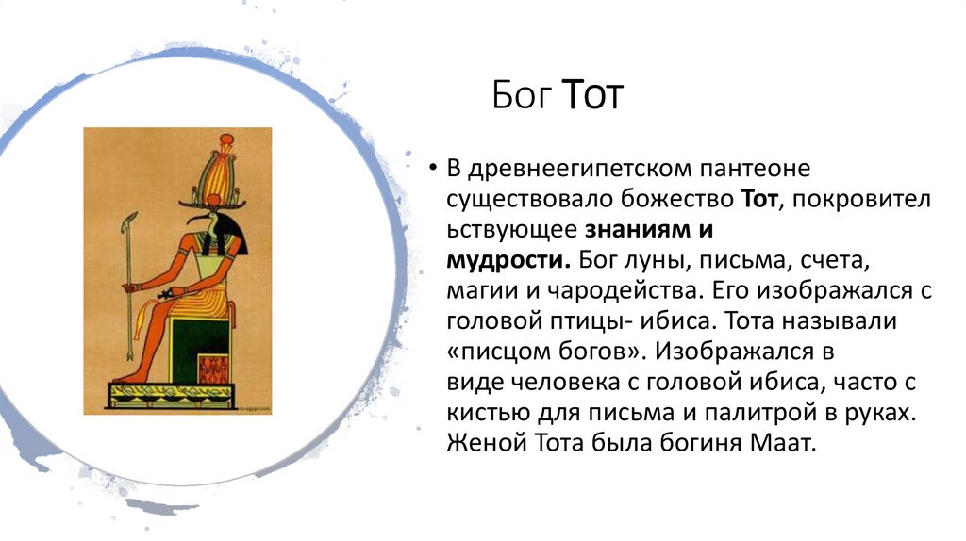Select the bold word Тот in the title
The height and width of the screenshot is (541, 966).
pos(592,97)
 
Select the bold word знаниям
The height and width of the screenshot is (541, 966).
pos(637,229)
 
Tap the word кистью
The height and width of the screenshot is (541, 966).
pos(481,412)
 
